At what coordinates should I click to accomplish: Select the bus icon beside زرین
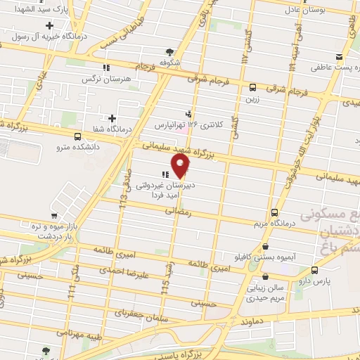252,87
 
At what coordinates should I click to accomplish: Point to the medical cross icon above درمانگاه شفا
111,117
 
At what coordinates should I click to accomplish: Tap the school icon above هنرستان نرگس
105,68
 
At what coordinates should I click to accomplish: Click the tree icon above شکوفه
169,51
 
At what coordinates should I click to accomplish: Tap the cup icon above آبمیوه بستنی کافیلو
265,247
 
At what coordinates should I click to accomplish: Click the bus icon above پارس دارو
314,269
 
